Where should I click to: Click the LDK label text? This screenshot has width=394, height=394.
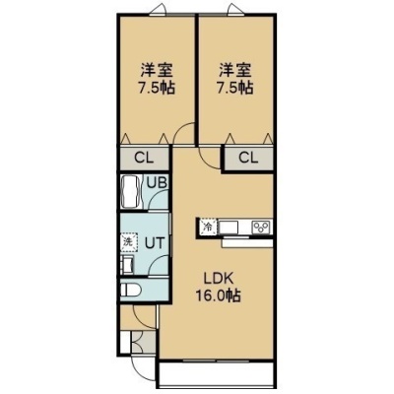(219, 280)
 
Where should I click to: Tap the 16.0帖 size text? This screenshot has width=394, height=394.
(219, 296)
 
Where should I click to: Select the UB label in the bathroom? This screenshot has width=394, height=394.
(157, 182)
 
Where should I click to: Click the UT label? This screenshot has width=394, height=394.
(155, 243)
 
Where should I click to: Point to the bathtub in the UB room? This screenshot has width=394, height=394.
(131, 192)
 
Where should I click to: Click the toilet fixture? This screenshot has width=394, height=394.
(130, 290)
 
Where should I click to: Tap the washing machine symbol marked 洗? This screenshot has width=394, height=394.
(128, 242)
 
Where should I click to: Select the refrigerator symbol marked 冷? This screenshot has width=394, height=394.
(208, 227)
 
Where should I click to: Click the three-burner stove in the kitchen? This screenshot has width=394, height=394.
(261, 228)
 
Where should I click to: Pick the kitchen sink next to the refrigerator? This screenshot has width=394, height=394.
(229, 228)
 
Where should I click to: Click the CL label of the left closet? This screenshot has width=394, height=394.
(144, 159)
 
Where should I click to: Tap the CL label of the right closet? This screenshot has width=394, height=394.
(248, 159)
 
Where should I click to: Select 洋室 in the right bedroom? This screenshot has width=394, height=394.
(235, 70)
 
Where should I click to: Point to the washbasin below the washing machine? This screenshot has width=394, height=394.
(127, 264)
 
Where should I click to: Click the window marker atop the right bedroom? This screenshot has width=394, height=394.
(234, 9)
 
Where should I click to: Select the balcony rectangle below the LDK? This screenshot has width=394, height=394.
(216, 372)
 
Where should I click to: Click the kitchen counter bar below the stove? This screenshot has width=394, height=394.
(247, 243)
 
